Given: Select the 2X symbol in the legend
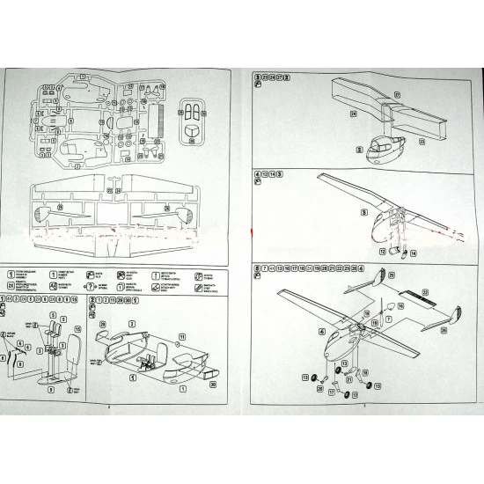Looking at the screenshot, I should click(x=11, y=286).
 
